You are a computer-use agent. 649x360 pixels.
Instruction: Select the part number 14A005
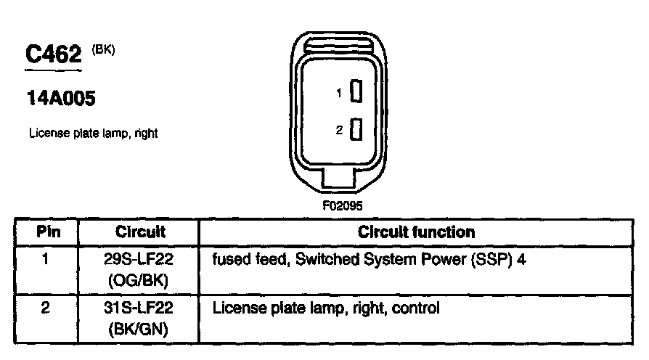coord(61,99)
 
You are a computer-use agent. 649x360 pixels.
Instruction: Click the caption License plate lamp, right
coord(93,134)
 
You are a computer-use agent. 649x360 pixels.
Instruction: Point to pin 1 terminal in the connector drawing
coord(356,92)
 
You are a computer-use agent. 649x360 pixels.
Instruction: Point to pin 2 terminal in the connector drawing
coord(356,130)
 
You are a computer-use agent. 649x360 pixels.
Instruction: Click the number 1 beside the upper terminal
coord(339,93)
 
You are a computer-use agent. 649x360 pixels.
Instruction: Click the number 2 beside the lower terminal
coord(339,131)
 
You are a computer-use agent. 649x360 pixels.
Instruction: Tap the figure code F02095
coord(343,205)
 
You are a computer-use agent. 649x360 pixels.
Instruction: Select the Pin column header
coord(45,232)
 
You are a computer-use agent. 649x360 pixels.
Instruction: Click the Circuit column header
coord(140,232)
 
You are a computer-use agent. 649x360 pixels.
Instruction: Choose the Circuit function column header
coord(416,232)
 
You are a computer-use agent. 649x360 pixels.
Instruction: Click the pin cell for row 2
coord(45,308)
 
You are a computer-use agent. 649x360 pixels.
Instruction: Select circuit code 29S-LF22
coord(139,259)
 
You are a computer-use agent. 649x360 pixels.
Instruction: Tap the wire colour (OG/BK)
coord(139,279)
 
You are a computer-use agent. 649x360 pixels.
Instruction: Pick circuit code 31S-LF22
coord(139,308)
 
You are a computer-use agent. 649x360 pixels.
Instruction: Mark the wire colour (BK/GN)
coord(139,329)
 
